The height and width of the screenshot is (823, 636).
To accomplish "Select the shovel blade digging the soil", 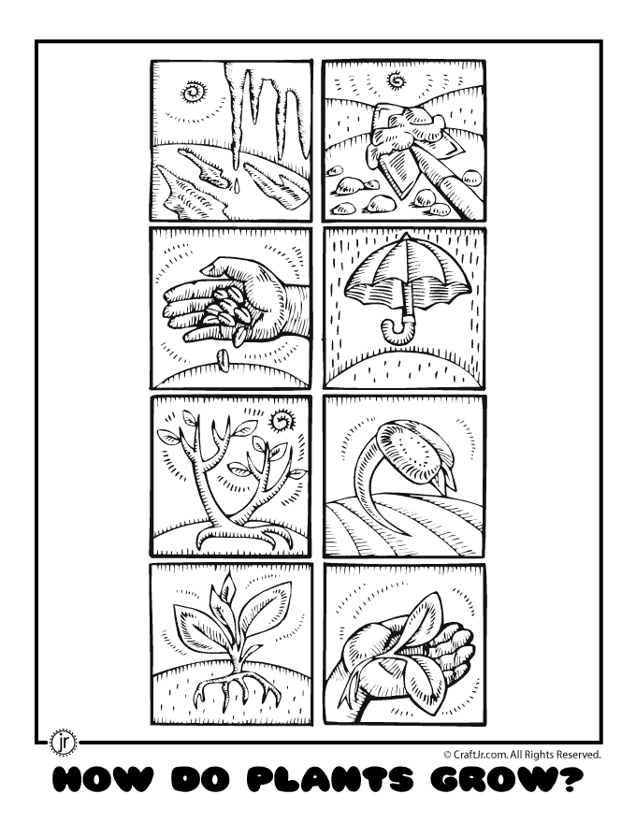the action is point(397,169).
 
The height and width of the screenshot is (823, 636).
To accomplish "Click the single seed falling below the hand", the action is point(222,360).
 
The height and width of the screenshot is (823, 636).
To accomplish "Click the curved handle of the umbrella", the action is point(395,328).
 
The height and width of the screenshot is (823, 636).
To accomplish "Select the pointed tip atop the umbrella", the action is point(403,237).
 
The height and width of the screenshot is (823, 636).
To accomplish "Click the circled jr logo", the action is point(63,743).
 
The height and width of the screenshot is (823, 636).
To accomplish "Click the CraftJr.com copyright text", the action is point(522,755).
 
